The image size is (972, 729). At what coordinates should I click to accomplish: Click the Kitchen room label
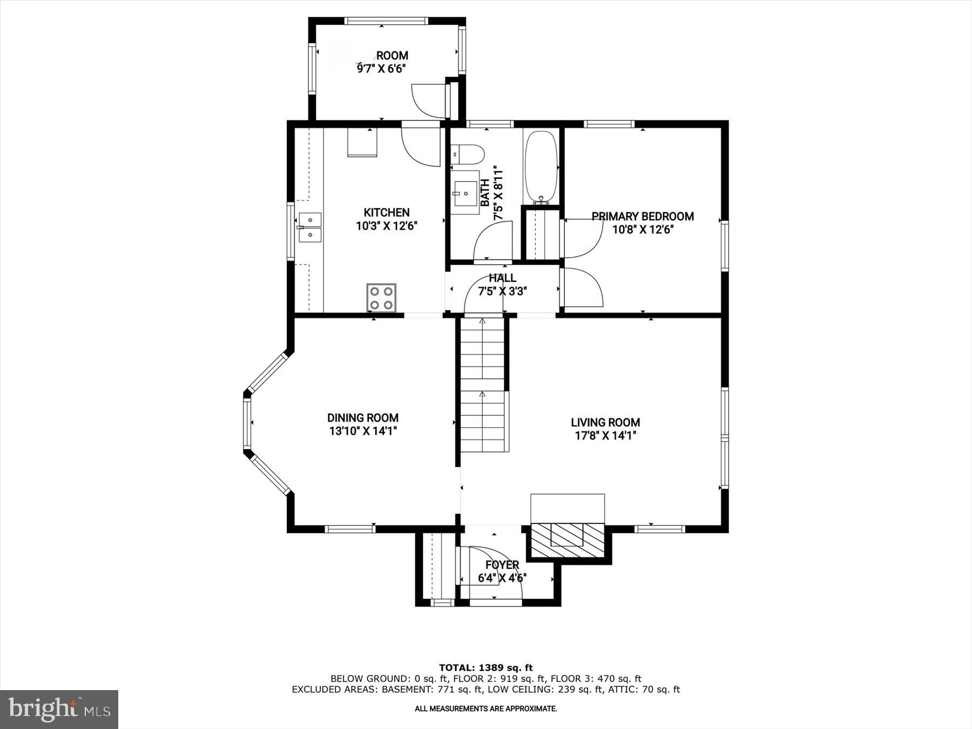click(387, 213)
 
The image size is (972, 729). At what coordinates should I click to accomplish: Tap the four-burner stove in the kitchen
click(381, 298)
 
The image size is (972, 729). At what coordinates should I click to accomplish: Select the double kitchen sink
click(310, 227)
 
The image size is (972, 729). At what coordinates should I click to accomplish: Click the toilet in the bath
click(467, 154)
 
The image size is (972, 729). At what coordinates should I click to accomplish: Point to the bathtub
click(541, 165)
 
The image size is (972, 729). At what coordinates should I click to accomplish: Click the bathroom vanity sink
click(465, 193)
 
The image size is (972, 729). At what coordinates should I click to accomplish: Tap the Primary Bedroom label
click(643, 217)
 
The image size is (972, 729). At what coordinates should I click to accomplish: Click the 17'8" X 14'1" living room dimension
click(605, 436)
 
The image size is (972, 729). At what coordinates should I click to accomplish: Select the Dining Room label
click(363, 417)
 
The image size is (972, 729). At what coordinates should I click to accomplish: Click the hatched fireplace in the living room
click(567, 540)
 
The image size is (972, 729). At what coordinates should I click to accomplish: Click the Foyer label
click(502, 565)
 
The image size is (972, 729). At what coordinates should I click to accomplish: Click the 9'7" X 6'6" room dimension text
click(381, 69)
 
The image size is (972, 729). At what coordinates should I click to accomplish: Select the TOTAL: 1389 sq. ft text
click(485, 667)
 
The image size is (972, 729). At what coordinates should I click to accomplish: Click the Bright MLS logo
click(59, 709)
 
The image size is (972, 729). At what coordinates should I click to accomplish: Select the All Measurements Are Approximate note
click(485, 708)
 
